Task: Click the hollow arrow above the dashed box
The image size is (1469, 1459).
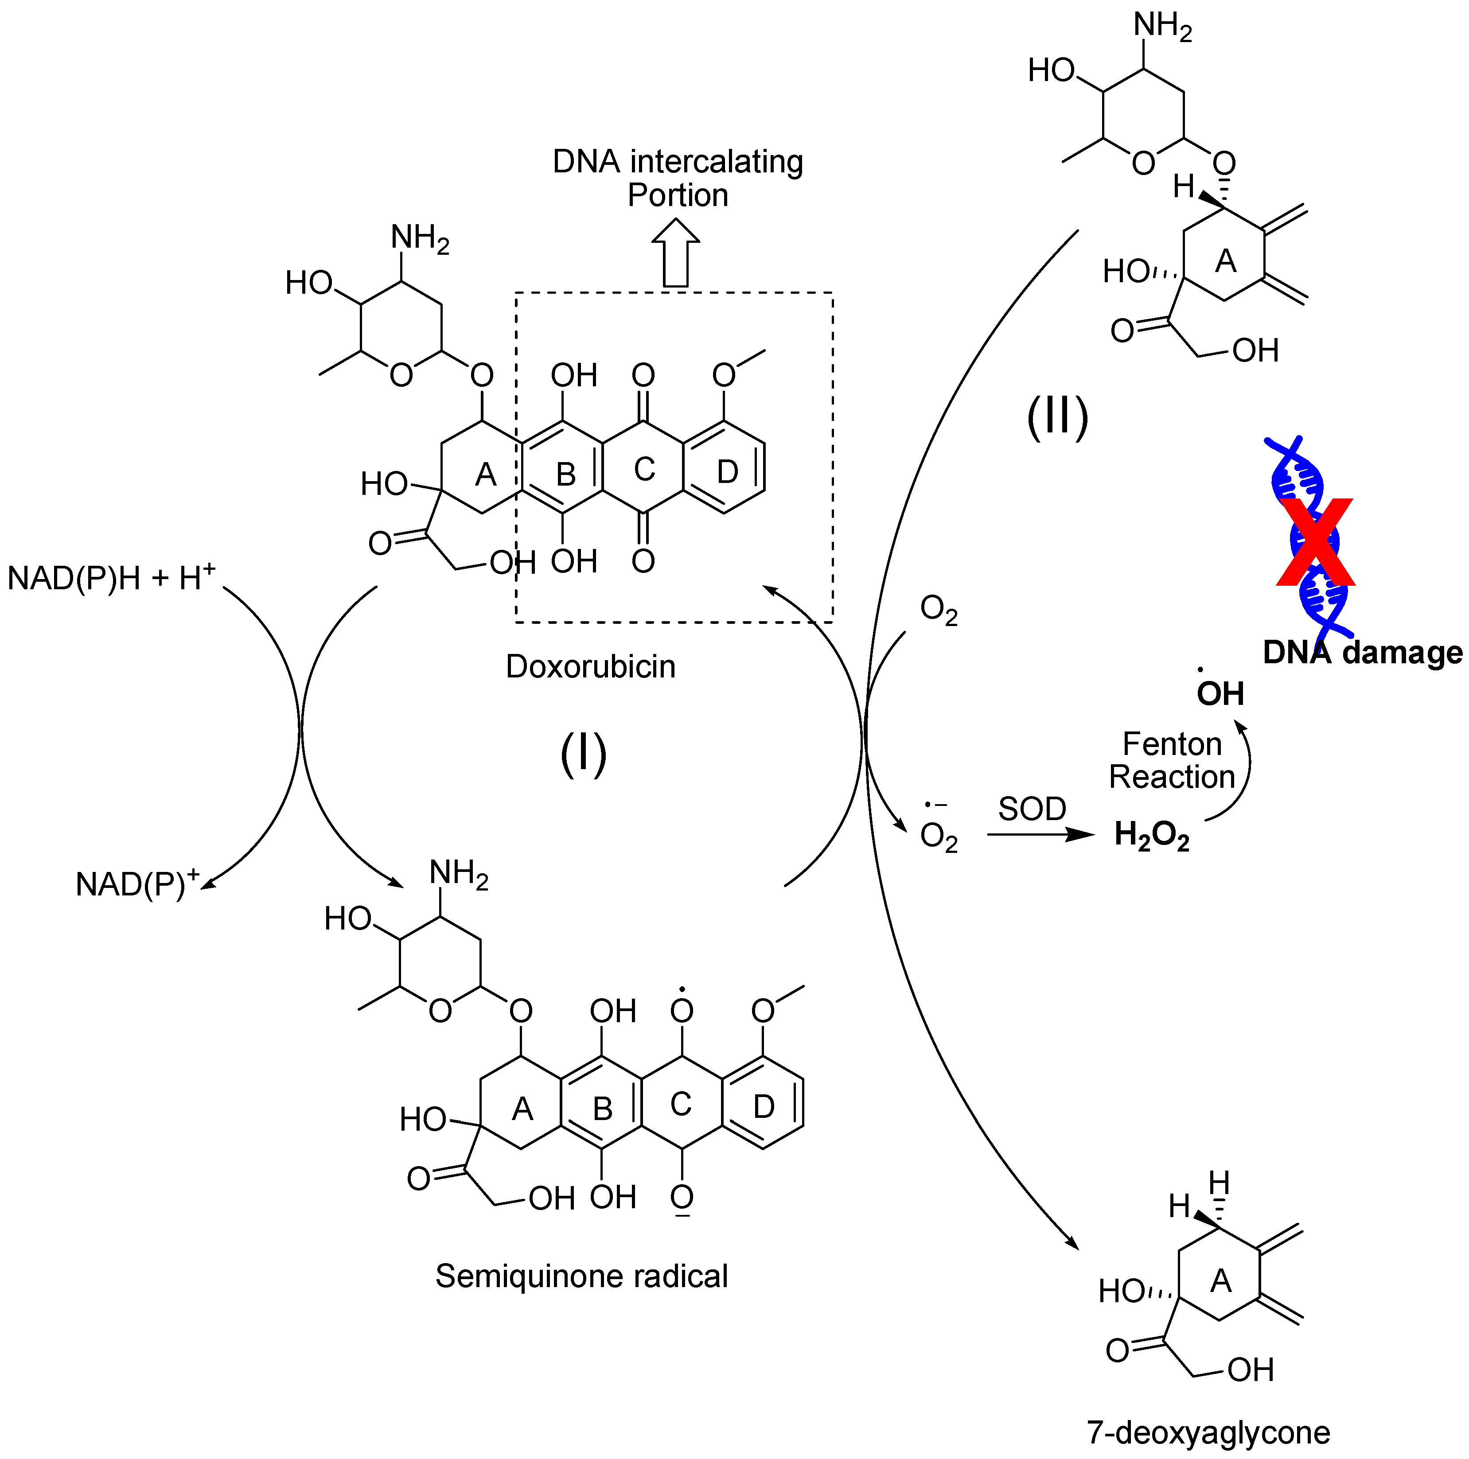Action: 675,253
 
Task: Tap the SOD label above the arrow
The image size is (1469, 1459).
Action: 1032,809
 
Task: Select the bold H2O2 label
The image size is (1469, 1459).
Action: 1151,836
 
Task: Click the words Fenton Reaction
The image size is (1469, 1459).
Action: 1172,760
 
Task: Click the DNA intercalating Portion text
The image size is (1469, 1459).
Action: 678,178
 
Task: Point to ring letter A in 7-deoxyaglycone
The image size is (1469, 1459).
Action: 1220,1281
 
